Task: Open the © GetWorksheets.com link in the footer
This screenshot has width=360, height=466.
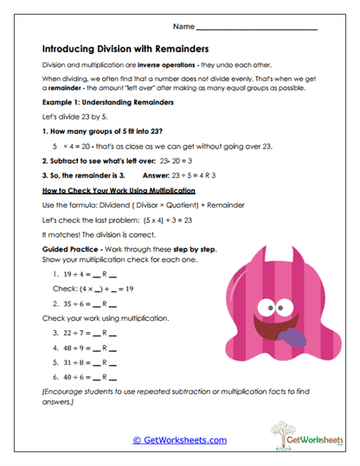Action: [180, 440]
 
